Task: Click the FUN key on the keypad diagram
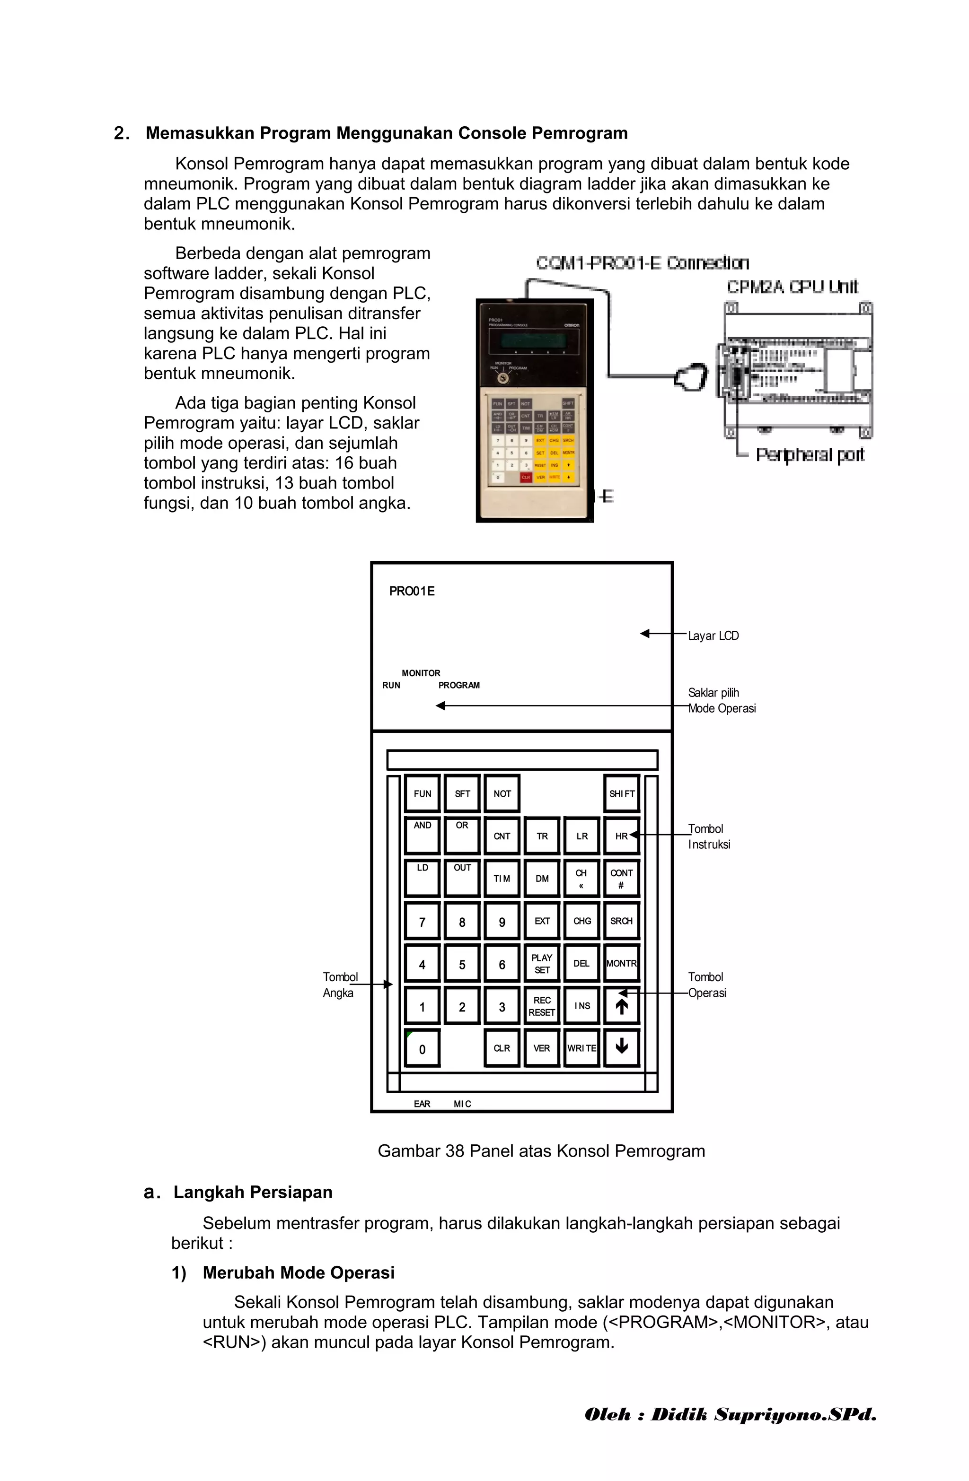click(422, 793)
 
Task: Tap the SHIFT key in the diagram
click(622, 793)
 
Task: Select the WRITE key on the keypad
click(581, 1048)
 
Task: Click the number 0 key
click(422, 1049)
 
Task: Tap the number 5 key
click(462, 965)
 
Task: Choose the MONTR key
click(622, 963)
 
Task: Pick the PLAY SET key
click(542, 963)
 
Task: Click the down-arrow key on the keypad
click(622, 1048)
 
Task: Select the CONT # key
click(622, 879)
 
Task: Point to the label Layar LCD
click(713, 636)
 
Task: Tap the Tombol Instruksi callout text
click(709, 836)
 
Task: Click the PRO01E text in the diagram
click(412, 591)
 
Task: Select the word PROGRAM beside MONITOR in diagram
click(459, 685)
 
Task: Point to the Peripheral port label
click(810, 455)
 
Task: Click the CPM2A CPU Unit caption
click(792, 287)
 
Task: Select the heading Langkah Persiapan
click(252, 1192)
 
